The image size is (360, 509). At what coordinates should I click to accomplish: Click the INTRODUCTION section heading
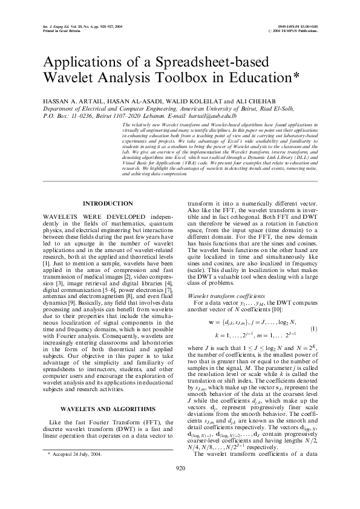108,204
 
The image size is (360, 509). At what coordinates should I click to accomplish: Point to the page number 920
180,485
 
